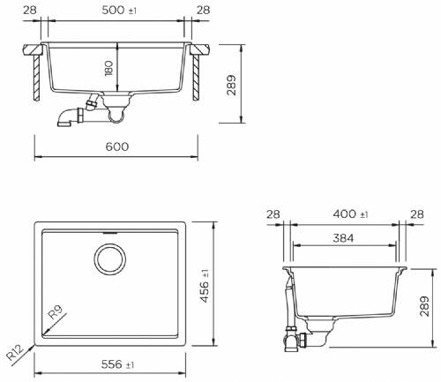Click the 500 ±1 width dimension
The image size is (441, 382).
click(117, 10)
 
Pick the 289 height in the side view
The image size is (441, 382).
click(427, 305)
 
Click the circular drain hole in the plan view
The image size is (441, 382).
click(111, 258)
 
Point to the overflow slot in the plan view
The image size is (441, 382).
click(111, 234)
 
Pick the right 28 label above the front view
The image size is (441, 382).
click(204, 10)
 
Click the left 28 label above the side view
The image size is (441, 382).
click(273, 214)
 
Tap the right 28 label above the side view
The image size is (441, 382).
click(415, 214)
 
